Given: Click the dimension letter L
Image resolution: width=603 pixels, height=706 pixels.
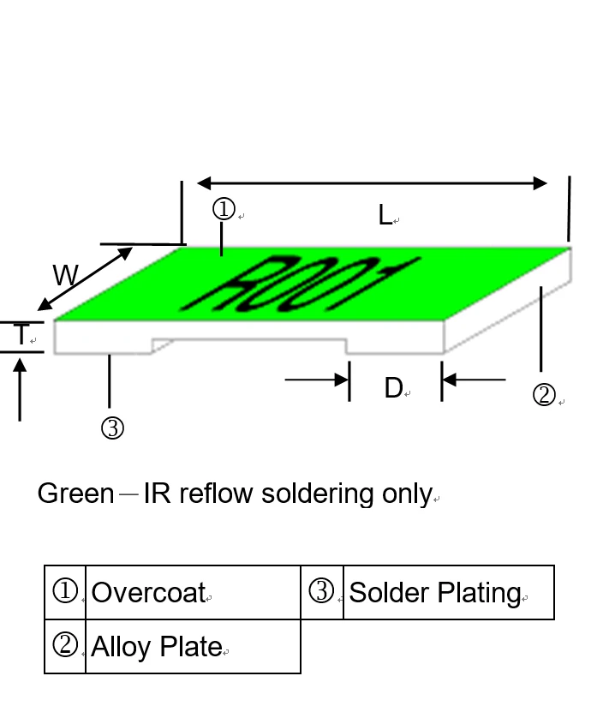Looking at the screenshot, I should point(385,215).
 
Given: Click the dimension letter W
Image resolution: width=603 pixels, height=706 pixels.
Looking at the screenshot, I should point(65,276).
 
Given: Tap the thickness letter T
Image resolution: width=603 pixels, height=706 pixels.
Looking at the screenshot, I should point(22,335).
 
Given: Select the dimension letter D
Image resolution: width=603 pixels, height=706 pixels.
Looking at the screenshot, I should point(393,388).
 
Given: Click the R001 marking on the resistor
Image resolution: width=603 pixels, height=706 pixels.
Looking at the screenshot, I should point(300,284).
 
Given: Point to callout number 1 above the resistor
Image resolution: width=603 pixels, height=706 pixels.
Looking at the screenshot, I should point(224,209).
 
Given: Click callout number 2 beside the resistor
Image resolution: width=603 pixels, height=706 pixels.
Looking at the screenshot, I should point(544,395).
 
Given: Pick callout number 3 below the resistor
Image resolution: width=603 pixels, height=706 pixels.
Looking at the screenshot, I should point(112,428).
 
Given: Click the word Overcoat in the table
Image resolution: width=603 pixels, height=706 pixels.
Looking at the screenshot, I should point(148,592).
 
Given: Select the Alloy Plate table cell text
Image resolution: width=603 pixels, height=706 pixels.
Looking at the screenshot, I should point(156,646).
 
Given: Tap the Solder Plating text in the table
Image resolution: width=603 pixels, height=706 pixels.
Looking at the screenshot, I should point(434,592).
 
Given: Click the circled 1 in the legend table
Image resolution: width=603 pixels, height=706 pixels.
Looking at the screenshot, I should point(65,591).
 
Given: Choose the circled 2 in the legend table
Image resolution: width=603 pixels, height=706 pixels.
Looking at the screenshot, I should point(65,645).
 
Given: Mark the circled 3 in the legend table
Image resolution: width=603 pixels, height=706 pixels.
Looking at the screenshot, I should point(320,591).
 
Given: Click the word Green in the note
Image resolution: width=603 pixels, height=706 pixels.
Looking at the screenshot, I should point(75,494).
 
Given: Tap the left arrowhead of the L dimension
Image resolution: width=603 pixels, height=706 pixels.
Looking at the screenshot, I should point(204,182).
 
